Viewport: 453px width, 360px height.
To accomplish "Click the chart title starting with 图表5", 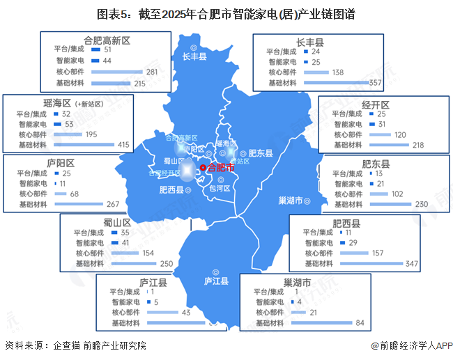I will pyautogui.click(x=226, y=13).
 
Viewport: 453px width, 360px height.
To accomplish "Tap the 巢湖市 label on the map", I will pyautogui.click(x=292, y=201).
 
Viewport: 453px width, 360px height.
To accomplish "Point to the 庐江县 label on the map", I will pyautogui.click(x=217, y=281).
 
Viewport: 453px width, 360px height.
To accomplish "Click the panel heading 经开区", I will pyautogui.click(x=376, y=104).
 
